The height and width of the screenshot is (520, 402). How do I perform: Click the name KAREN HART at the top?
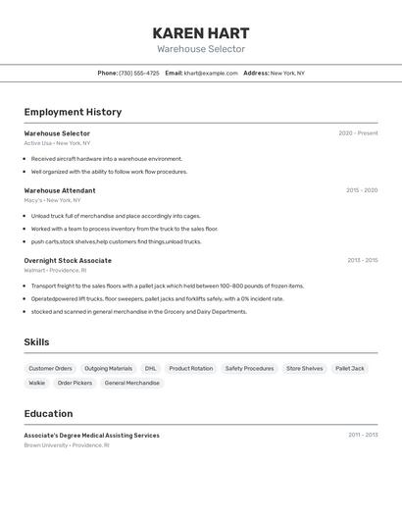201,33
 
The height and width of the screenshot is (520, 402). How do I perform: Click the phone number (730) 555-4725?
139,73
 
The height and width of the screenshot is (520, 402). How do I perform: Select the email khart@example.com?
211,73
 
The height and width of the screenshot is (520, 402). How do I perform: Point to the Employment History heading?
73,112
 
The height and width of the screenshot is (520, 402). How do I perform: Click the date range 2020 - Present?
358,133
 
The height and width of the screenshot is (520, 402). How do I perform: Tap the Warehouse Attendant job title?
60,190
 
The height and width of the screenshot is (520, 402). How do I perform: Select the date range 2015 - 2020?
361,190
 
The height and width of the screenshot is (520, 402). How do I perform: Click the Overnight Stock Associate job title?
68,260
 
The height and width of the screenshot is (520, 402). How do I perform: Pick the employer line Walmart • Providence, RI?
55,270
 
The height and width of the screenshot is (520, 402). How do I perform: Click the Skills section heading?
36,342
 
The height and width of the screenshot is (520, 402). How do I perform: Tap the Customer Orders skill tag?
50,368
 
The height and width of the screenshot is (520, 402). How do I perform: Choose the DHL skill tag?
150,368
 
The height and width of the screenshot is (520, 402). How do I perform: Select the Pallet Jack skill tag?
350,368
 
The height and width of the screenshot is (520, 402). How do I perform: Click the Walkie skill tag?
36,383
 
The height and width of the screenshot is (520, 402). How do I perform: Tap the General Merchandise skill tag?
131,383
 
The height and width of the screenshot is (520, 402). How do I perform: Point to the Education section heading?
48,413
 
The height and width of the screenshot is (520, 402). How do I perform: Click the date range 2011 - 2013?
363,435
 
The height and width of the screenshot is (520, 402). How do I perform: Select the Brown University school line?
67,445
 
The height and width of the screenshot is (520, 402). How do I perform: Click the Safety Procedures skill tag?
249,368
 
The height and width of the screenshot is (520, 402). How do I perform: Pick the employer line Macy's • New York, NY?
53,200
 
